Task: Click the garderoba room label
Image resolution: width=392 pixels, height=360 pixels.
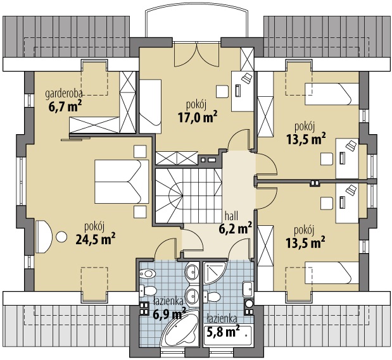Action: pos(64,94)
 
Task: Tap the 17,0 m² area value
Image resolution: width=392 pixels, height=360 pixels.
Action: pos(197,117)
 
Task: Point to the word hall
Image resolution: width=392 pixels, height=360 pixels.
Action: pos(231,216)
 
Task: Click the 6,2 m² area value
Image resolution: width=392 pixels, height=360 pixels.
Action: pos(235,228)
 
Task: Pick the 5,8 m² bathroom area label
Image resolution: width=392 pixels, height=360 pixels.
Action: pos(224,332)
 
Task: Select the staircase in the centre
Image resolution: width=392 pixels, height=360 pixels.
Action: pos(189,196)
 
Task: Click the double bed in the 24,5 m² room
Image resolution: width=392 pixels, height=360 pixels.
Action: pos(122,182)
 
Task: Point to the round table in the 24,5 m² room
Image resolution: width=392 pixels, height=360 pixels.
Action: pos(61,237)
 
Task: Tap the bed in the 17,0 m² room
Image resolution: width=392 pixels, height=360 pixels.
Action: pos(150,106)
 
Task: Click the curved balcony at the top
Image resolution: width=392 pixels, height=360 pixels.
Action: pos(197,24)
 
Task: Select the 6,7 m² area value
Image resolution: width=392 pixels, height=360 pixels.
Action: pos(65,107)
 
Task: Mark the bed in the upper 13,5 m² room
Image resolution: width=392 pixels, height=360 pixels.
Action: pos(332,94)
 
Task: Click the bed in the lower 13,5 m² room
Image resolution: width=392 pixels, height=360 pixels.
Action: pos(332,273)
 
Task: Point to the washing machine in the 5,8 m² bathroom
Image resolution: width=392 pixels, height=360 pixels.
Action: pos(250,304)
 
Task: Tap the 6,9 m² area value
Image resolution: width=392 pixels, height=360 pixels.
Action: pos(169,313)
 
